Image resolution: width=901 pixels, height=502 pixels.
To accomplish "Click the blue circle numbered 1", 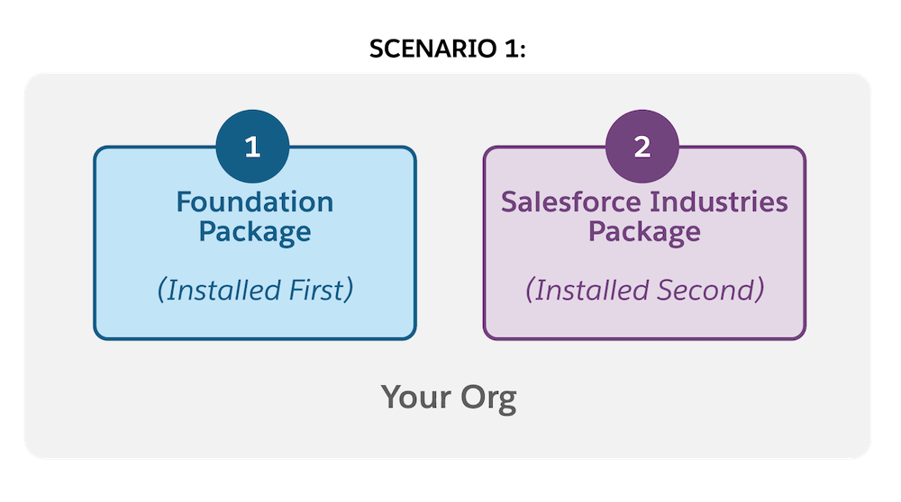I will click(253, 147).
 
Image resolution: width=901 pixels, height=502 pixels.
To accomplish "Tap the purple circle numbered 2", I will click(642, 147).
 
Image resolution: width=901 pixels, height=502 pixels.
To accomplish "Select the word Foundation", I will click(255, 201).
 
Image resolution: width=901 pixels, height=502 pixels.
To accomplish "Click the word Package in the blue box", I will click(255, 231).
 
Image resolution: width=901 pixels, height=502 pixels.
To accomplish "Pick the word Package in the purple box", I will click(644, 231).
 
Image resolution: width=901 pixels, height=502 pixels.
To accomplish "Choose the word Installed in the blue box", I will click(219, 291).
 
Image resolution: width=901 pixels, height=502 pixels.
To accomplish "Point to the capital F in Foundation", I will click(185, 201).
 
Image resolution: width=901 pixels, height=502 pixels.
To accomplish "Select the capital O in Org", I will click(469, 397).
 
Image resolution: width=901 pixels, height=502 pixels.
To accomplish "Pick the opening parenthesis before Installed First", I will click(161, 291).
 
